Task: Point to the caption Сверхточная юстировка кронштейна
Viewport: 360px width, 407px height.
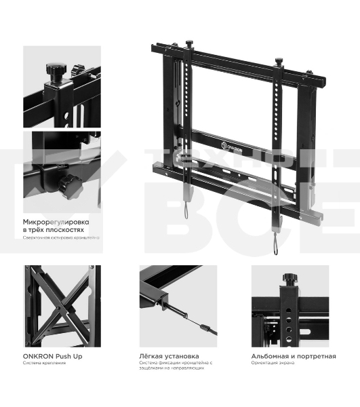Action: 61,238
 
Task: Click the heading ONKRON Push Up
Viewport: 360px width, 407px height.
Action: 53,356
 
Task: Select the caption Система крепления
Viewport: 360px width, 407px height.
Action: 45,363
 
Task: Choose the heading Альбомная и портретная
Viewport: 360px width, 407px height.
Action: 293,356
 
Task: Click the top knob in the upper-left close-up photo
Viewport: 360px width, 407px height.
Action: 54,70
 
